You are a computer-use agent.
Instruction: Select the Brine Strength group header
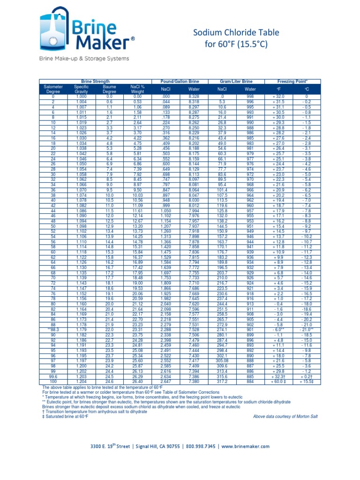point(96,81)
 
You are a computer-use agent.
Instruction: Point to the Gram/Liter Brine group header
point(236,81)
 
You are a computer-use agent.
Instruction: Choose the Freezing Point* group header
point(292,81)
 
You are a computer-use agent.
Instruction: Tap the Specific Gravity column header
point(81,89)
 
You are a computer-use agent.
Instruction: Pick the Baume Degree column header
point(109,89)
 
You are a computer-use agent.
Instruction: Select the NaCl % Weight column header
point(137,89)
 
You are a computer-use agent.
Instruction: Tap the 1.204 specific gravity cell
point(81,382)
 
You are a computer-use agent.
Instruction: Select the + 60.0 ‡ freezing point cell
point(279,382)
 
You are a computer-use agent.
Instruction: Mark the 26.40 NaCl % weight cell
point(137,382)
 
